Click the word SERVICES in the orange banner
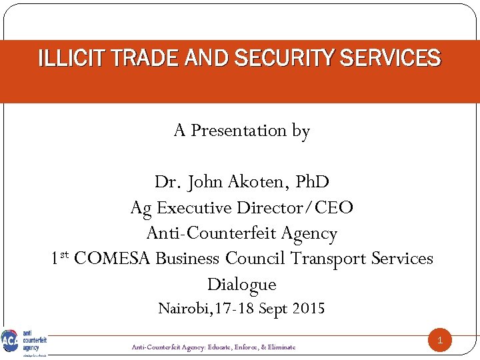click(x=390, y=59)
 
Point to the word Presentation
click(x=239, y=131)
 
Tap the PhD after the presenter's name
click(x=312, y=182)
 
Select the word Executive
click(x=195, y=208)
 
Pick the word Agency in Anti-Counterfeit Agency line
click(x=308, y=233)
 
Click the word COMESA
click(x=113, y=259)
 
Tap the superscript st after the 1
click(x=65, y=255)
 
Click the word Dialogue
click(x=241, y=285)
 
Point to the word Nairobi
click(x=179, y=309)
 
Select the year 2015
click(x=307, y=309)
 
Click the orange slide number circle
click(x=439, y=341)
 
